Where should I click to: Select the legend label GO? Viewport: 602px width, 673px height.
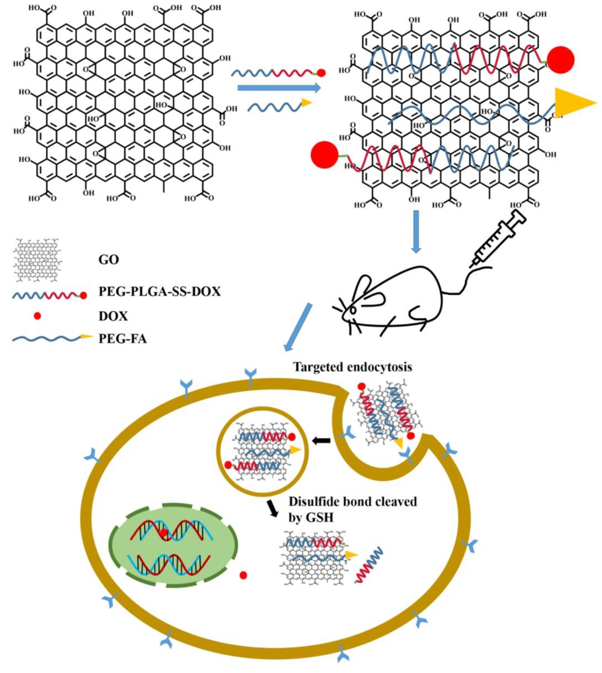tap(108, 260)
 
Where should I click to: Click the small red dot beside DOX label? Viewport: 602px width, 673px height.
tap(38, 316)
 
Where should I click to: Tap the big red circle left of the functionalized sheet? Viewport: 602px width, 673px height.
tap(324, 155)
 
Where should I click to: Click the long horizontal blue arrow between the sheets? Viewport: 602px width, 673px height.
tap(279, 88)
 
